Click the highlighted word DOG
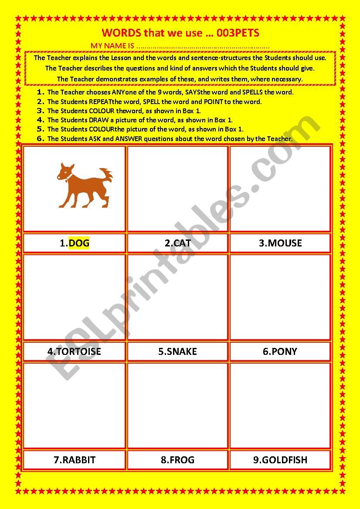[x=79, y=243]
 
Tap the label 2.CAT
[x=177, y=243]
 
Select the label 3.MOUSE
[x=280, y=243]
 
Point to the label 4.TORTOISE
[x=74, y=351]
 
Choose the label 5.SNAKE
[x=177, y=351]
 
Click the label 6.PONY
[x=280, y=351]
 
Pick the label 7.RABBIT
[x=74, y=460]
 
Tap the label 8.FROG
[x=177, y=460]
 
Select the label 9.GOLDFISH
[x=280, y=460]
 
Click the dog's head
[x=65, y=172]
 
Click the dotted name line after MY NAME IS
[x=203, y=46]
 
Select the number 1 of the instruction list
[x=41, y=92]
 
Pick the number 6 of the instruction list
[x=41, y=138]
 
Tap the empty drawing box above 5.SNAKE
[x=177, y=297]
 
